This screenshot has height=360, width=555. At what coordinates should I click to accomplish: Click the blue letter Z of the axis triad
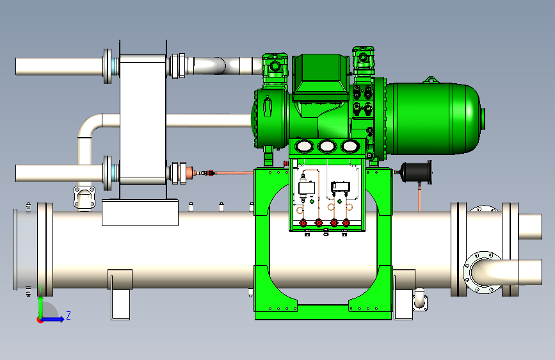pos(68,315)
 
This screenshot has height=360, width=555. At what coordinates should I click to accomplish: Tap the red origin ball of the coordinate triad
pos(40,320)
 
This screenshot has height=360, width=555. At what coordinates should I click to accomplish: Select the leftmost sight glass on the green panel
pos(304,146)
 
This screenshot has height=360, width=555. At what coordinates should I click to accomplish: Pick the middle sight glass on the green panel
pos(326,146)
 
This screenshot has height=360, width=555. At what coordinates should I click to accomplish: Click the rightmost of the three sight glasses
pos(350,146)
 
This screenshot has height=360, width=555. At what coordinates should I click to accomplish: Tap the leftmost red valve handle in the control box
pos(303,223)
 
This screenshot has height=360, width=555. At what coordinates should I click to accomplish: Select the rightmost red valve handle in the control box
pos(346,223)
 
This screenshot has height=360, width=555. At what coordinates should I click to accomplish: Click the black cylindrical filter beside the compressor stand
pos(415,172)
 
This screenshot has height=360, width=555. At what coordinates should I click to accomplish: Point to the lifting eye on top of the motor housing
pos(430,79)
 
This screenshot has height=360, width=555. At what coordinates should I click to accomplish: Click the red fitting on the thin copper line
pos(211,173)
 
